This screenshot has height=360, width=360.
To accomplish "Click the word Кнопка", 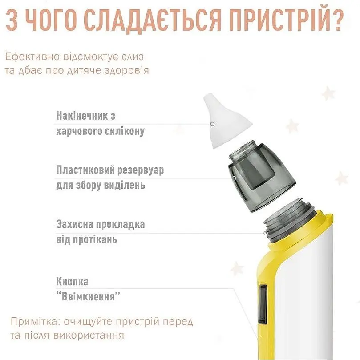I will click(x=73, y=281).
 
